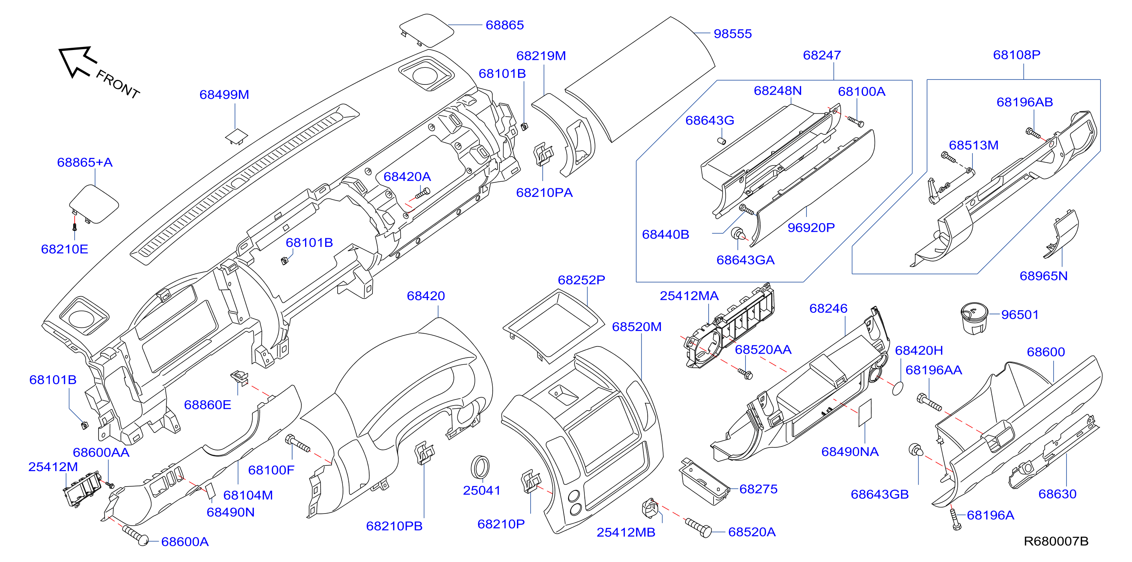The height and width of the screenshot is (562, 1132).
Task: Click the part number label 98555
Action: pyautogui.click(x=733, y=34)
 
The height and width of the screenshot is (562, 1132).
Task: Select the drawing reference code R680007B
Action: pyautogui.click(x=1056, y=541)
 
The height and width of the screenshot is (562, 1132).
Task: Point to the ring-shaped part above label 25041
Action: pyautogui.click(x=480, y=468)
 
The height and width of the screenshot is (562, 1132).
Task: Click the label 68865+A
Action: pyautogui.click(x=85, y=162)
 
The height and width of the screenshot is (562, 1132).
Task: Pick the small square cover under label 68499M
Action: pyautogui.click(x=236, y=136)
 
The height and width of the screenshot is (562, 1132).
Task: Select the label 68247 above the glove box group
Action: pyautogui.click(x=822, y=55)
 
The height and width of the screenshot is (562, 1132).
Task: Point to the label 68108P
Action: pyautogui.click(x=1016, y=55)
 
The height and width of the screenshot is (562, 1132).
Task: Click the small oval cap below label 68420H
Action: pyautogui.click(x=898, y=388)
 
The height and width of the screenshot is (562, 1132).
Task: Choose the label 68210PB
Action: pyautogui.click(x=394, y=526)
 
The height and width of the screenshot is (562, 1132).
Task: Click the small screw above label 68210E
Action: pyautogui.click(x=74, y=227)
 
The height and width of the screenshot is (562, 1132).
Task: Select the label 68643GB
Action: pyautogui.click(x=879, y=494)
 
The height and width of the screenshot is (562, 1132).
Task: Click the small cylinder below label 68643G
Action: pyautogui.click(x=722, y=141)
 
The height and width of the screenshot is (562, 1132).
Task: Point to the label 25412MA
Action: pyautogui.click(x=689, y=296)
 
